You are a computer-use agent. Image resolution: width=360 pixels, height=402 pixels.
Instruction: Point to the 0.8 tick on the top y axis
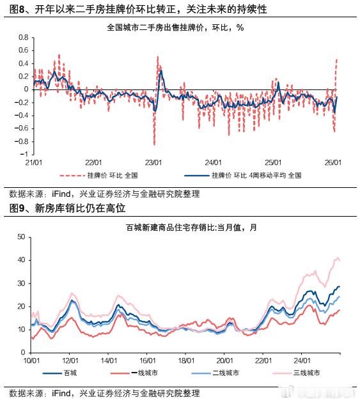(22, 37)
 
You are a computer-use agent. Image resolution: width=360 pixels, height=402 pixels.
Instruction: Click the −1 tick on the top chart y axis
(24, 154)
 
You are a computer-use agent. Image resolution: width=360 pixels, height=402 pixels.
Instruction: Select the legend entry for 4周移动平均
(242, 175)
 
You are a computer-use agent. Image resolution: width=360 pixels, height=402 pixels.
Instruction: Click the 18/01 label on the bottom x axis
(185, 361)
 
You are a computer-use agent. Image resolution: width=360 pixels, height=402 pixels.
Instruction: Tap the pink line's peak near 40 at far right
(336, 258)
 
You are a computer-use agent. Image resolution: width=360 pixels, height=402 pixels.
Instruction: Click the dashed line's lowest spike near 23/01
(154, 144)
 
